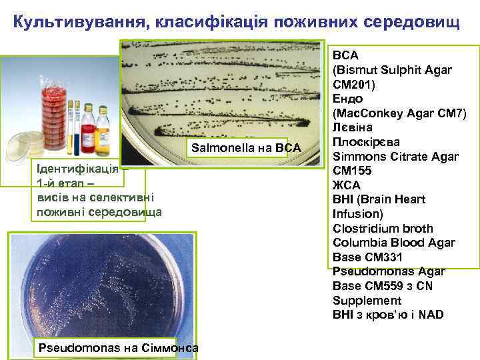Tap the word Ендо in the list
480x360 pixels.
pos(347,99)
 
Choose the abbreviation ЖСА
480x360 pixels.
pos(346,185)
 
